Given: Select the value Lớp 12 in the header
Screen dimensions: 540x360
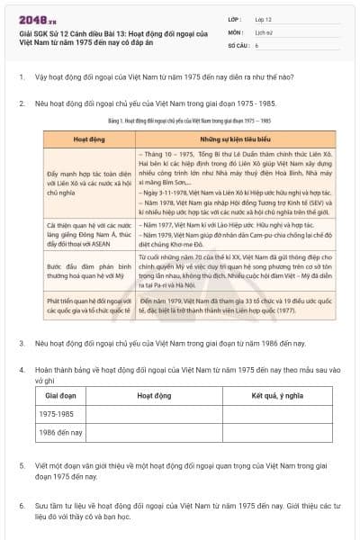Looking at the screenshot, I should (x=265, y=19).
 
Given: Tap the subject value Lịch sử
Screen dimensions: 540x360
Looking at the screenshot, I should (x=263, y=31).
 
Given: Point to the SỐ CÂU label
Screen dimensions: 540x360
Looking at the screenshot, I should (x=237, y=44).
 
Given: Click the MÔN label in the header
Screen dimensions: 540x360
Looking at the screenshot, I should (x=235, y=31).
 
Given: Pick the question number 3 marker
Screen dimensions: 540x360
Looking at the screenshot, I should (x=21, y=343).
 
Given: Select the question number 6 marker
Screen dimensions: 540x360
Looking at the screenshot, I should (x=21, y=506).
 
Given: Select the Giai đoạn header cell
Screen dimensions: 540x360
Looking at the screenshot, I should (x=60, y=395).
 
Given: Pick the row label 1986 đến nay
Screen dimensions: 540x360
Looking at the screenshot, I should (x=60, y=433).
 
